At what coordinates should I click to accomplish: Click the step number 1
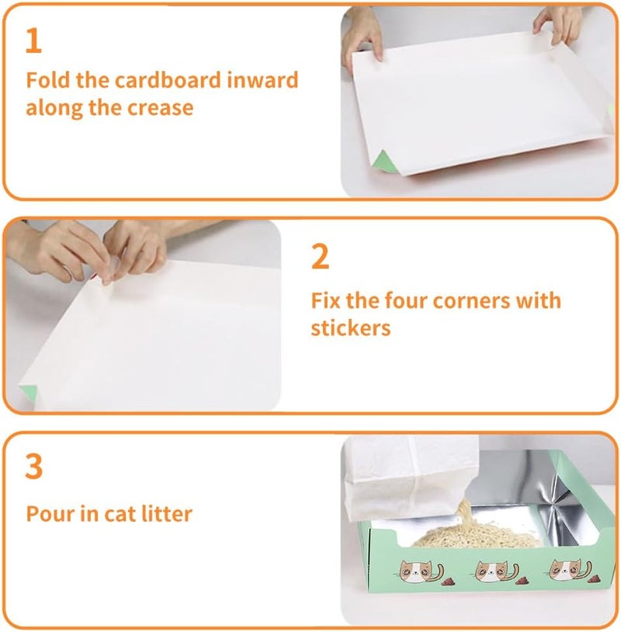[x=34, y=40]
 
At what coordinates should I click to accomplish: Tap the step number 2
[x=321, y=256]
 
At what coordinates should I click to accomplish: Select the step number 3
[x=34, y=467]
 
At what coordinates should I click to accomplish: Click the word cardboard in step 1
[x=168, y=80]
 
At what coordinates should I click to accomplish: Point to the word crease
[x=161, y=108]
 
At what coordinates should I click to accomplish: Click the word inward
[x=262, y=80]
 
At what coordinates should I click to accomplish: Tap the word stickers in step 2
[x=351, y=328]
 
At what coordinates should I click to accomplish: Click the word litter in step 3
[x=166, y=514]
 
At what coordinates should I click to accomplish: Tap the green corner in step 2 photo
[x=29, y=393]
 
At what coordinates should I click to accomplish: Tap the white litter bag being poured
[x=410, y=477]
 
